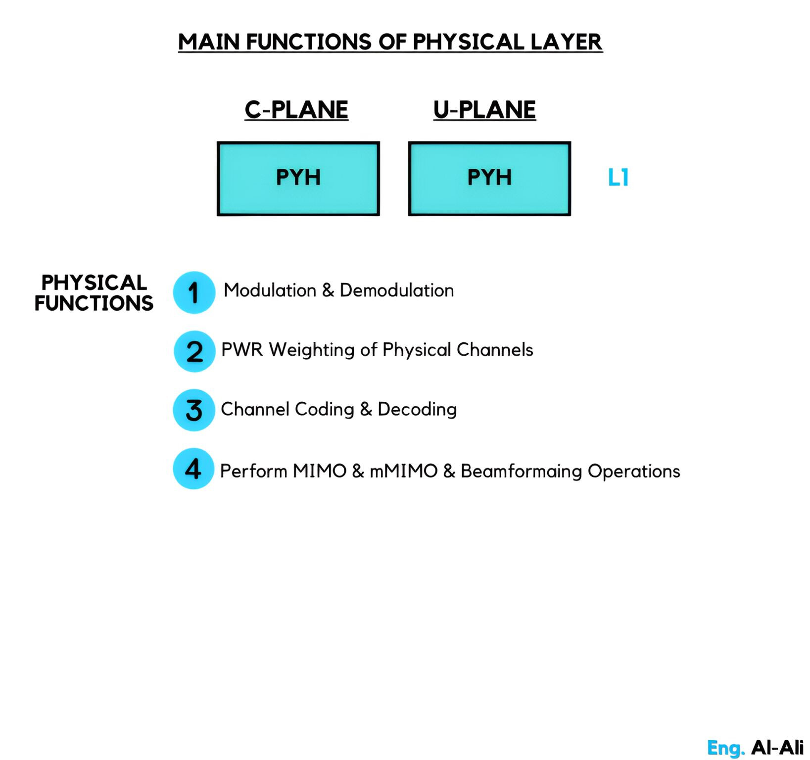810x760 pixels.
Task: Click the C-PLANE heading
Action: (x=296, y=109)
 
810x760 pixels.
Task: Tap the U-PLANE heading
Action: (x=484, y=109)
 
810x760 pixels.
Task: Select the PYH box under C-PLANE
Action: (x=298, y=179)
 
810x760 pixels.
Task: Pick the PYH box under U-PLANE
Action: (x=489, y=179)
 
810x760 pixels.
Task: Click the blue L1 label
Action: (x=618, y=178)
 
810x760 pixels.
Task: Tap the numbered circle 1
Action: (x=194, y=292)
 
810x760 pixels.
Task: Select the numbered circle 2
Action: (x=194, y=351)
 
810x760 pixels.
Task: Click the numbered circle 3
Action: (x=194, y=410)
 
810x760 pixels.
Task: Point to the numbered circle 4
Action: (x=193, y=469)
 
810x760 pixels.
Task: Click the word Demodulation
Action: (x=397, y=290)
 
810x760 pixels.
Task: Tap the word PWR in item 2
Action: (x=242, y=350)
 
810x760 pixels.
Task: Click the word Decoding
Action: (x=417, y=410)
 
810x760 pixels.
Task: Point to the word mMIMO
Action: (x=404, y=471)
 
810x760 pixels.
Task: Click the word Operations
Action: (x=634, y=472)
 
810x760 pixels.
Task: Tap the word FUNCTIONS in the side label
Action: (x=94, y=303)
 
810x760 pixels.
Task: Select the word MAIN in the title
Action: (x=209, y=42)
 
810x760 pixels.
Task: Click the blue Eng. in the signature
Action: (x=726, y=748)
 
